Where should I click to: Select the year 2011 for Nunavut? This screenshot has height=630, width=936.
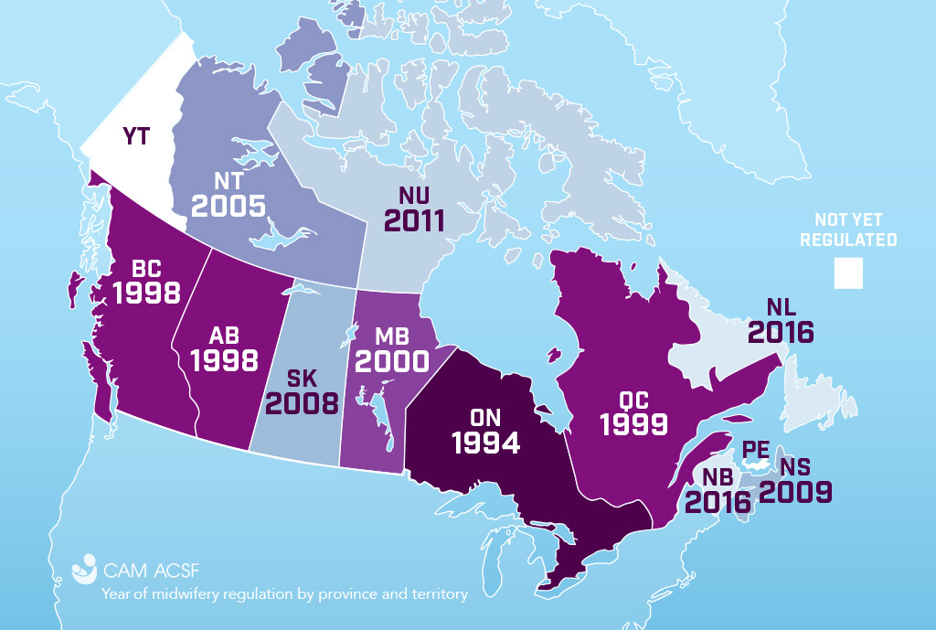[x=414, y=219]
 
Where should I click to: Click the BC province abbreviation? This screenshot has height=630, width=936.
[x=145, y=269]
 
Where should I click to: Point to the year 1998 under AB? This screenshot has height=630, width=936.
[x=224, y=359]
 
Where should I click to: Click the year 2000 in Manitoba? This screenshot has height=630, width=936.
[x=392, y=360]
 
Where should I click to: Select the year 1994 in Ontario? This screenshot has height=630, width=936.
[x=484, y=443]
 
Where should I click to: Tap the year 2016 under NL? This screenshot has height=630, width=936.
[x=780, y=331]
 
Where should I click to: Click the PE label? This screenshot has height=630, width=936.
[x=756, y=450]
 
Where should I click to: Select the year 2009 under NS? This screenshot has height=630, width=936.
[x=795, y=492]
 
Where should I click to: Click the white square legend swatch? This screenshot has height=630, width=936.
[x=847, y=273]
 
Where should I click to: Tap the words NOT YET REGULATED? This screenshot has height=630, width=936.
[x=847, y=230]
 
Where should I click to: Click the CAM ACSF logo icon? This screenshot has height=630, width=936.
[x=84, y=567]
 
